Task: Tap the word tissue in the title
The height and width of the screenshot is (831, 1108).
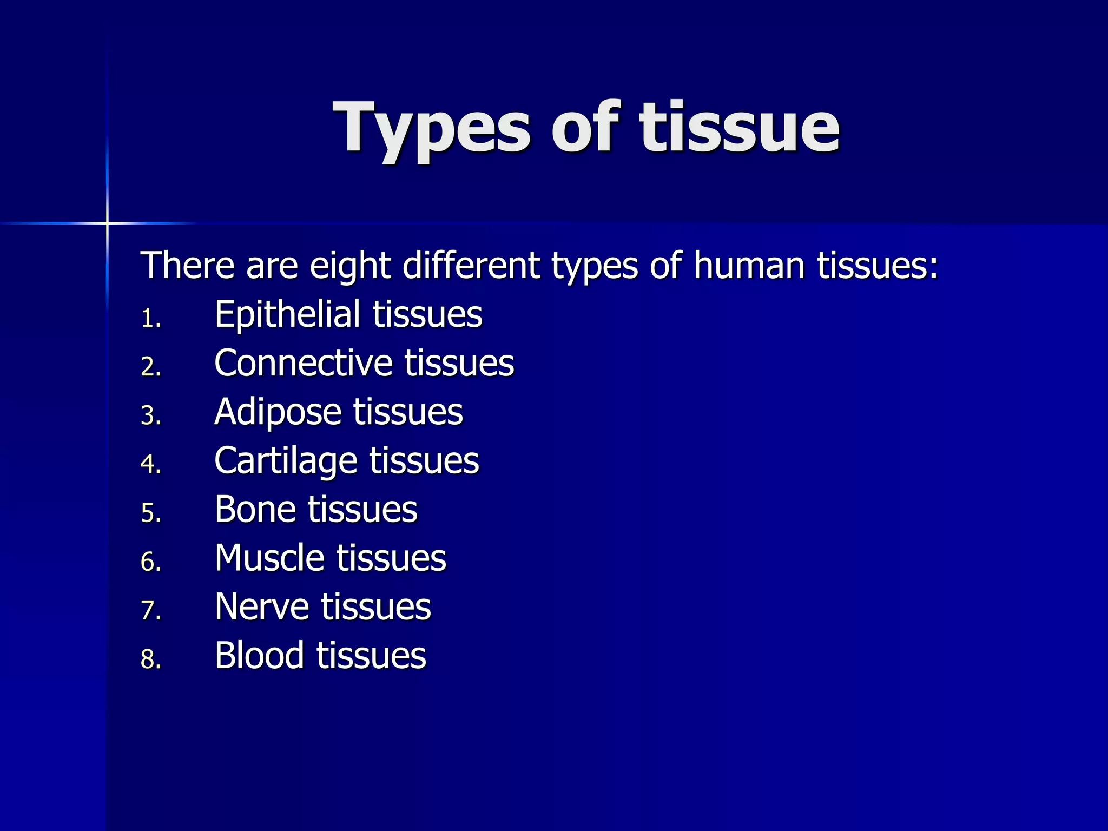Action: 740,128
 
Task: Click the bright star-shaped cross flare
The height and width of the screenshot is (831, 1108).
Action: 107,223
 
